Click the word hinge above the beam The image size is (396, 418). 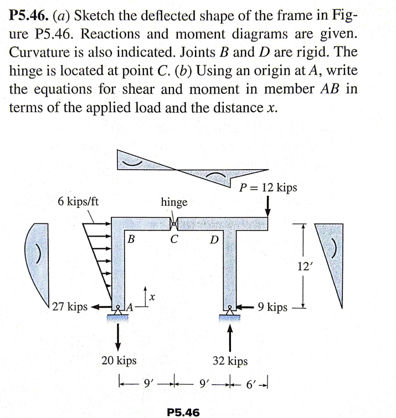pos(174,202)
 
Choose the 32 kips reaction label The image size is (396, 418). pos(230,361)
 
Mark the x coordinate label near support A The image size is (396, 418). pos(152,297)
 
